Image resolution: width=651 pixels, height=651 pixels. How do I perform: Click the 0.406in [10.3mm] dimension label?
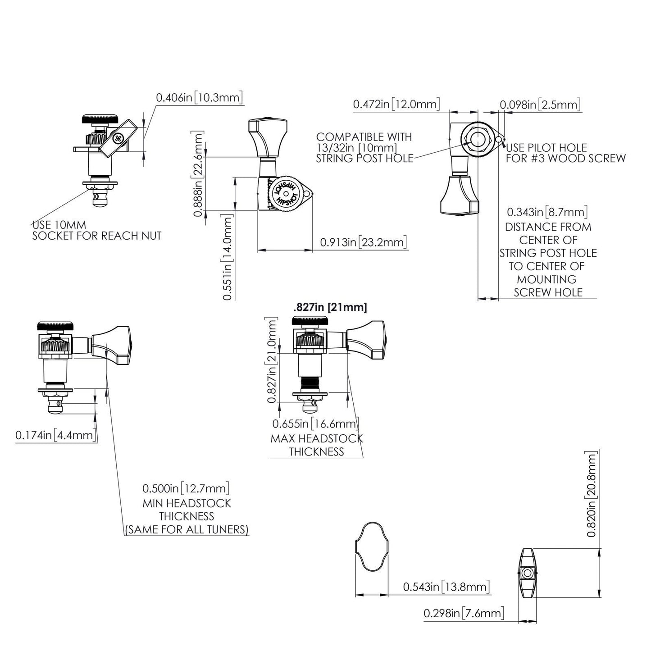pos(199,97)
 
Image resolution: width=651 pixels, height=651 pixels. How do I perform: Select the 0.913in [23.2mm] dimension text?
pos(363,242)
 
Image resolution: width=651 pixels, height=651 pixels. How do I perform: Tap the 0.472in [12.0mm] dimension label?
pos(396,105)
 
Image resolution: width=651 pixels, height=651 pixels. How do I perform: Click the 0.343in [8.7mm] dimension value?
pos(547,212)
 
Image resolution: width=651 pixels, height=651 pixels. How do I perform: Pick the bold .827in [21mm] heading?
pos(330,308)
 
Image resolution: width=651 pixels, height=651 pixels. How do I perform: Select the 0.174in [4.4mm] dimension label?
pos(56,435)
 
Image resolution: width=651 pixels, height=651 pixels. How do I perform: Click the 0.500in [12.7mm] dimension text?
pos(186,488)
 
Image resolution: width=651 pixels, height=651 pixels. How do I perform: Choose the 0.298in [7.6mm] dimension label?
pos(464,613)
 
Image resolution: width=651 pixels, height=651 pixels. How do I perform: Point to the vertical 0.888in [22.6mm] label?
pos(198,174)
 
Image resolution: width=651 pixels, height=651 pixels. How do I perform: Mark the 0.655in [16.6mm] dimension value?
pos(315,424)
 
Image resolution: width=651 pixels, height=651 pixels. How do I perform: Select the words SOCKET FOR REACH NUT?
pos(96,236)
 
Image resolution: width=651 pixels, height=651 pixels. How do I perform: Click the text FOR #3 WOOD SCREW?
pos(565,159)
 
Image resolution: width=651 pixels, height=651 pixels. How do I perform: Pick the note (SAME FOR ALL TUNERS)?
pos(187,529)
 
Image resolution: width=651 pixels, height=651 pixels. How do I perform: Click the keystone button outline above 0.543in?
pos(371,547)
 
